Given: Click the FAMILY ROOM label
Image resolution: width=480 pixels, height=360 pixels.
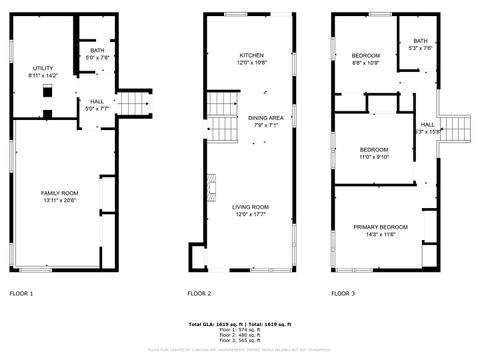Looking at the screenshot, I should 58,193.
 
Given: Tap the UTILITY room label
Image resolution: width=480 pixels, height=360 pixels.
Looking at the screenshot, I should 44,68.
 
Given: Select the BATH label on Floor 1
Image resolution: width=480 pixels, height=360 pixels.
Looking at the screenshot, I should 97,50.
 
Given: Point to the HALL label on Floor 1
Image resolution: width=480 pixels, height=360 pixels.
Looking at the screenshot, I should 97,101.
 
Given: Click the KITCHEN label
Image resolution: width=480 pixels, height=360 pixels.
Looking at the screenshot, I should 251,55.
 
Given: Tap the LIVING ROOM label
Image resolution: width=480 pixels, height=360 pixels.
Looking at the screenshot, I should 251,206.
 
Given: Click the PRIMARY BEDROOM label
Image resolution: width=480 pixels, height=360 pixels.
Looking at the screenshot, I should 381,227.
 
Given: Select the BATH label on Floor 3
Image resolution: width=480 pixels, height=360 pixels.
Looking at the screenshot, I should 420,41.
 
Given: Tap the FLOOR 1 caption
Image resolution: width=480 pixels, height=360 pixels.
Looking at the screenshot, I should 21,293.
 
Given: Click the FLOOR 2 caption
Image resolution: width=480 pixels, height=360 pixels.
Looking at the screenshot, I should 199,293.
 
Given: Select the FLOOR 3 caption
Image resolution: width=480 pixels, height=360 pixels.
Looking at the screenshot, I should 342,293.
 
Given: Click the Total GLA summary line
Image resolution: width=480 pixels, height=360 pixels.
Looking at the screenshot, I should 241,325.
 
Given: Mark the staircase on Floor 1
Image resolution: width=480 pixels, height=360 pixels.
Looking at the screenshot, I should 135,103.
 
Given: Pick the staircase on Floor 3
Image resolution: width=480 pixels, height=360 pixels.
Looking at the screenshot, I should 459,127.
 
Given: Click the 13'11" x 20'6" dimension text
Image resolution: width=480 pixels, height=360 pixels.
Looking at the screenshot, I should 58,200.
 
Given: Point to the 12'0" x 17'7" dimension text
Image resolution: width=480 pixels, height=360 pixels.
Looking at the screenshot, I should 251,213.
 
